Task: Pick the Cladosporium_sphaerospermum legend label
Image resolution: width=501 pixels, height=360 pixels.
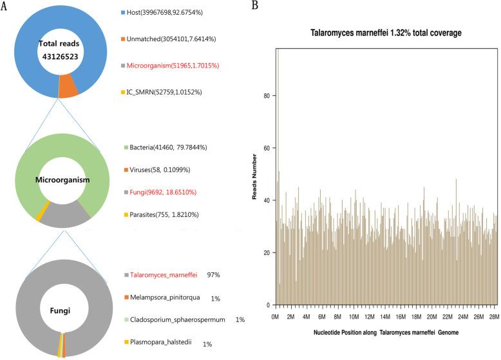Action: coord(178,319)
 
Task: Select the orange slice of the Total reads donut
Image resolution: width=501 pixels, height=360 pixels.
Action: coord(68,88)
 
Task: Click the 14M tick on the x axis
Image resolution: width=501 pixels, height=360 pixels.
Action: coord(385,317)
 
